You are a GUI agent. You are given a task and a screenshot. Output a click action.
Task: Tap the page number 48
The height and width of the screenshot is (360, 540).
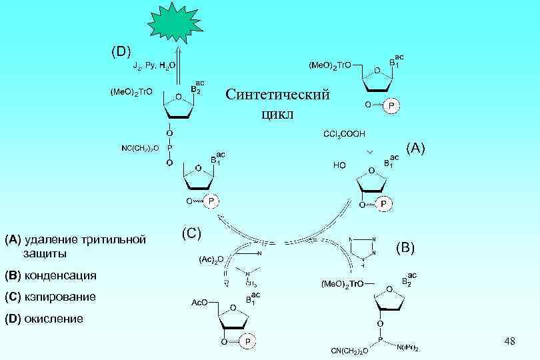[x=510, y=342]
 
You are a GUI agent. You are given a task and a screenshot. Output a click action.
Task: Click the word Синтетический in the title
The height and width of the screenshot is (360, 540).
[x=277, y=95]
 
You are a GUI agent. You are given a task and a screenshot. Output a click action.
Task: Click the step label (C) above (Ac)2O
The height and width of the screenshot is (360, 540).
[x=191, y=233]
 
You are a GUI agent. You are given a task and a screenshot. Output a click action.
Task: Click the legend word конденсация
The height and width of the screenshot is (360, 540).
[x=61, y=275]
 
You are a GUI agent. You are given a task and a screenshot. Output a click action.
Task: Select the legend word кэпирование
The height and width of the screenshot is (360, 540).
[x=60, y=297]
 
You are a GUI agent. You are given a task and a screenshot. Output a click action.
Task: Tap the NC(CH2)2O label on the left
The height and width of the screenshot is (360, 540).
[x=140, y=147]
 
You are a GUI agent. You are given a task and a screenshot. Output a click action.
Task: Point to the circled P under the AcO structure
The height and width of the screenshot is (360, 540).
[x=247, y=341]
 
